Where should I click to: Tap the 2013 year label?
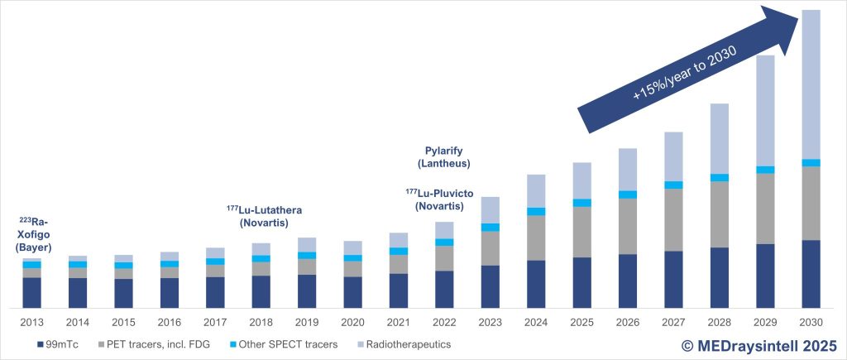click(x=32, y=322)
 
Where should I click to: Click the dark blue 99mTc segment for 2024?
click(x=535, y=284)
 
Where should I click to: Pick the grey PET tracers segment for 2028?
click(x=719, y=214)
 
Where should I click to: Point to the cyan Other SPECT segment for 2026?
click(x=627, y=195)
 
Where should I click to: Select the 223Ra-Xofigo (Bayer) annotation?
click(x=35, y=234)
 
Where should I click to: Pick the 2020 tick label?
click(x=352, y=322)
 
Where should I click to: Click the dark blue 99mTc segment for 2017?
click(x=215, y=292)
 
